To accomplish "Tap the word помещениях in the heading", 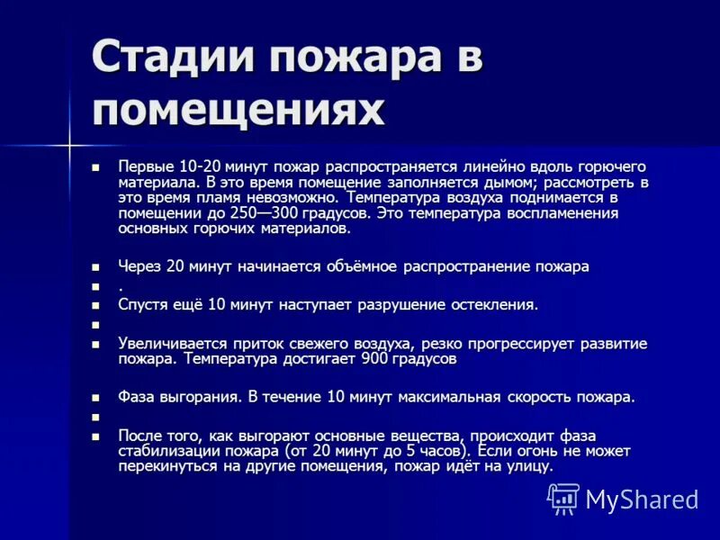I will pyautogui.click(x=238, y=111).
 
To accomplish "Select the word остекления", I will pyautogui.click(x=492, y=304).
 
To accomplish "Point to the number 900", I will pyautogui.click(x=374, y=358).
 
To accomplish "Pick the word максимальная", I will pyautogui.click(x=452, y=396).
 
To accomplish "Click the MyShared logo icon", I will pyautogui.click(x=564, y=498).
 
